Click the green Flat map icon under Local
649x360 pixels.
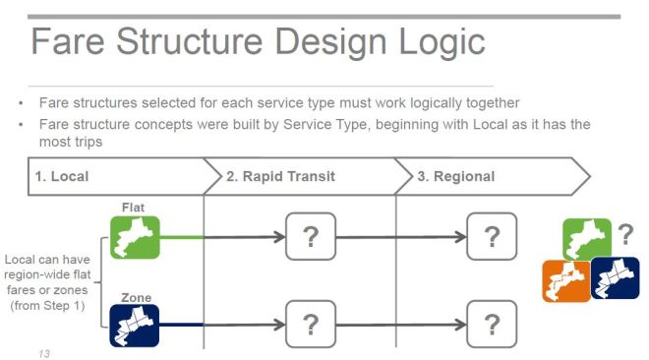(133, 237)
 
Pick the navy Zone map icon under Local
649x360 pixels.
(133, 326)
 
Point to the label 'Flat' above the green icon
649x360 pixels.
(133, 208)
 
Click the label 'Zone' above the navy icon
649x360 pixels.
(135, 296)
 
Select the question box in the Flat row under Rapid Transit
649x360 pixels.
(311, 237)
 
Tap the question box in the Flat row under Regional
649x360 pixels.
(492, 237)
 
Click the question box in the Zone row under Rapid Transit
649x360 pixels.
(311, 324)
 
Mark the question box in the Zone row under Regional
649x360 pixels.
(492, 324)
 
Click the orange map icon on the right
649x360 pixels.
(566, 281)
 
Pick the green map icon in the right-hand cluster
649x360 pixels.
(586, 239)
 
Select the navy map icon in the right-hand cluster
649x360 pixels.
(615, 277)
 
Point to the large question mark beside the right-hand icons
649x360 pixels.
(624, 235)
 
